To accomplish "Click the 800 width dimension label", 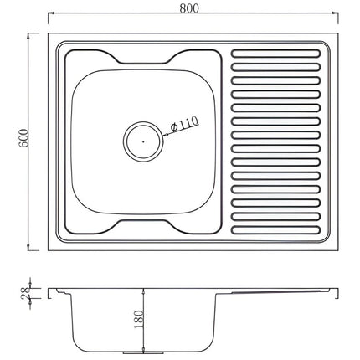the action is pyautogui.click(x=189, y=8).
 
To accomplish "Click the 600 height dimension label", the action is pyautogui.click(x=23, y=138).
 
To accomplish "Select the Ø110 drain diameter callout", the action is pyautogui.click(x=184, y=124).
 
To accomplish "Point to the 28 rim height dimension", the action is pyautogui.click(x=26, y=293).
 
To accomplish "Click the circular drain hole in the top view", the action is pyautogui.click(x=143, y=141).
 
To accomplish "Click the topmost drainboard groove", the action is pyautogui.click(x=275, y=54).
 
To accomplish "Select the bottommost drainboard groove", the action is pyautogui.click(x=275, y=230).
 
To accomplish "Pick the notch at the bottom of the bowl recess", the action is pyautogui.click(x=143, y=224).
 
